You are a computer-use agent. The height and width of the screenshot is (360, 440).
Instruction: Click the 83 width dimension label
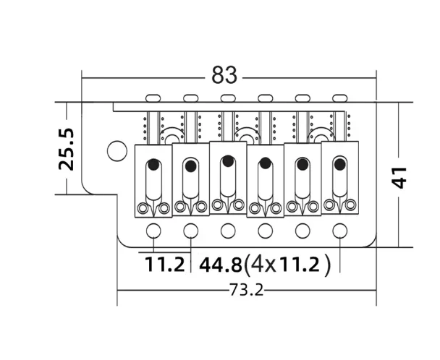[x=225, y=75]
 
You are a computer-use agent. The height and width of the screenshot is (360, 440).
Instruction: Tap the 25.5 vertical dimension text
[x=66, y=149]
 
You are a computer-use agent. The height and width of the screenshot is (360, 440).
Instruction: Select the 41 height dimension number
[x=399, y=176]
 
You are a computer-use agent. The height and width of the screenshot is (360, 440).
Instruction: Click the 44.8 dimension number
[x=220, y=265]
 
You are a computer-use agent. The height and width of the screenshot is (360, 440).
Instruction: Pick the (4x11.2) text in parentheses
[x=287, y=265]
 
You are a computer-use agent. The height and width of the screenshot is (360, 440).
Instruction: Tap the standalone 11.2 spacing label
[x=164, y=265]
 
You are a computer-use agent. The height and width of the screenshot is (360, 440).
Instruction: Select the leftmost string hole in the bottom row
[x=153, y=231]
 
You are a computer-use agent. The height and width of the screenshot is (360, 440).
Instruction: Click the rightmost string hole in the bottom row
[x=339, y=231]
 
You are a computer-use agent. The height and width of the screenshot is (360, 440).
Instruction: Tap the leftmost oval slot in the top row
[x=153, y=97]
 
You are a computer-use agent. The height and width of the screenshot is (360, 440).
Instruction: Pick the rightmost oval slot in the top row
[x=339, y=97]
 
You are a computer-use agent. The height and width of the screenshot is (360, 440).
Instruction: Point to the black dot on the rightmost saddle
[x=339, y=163]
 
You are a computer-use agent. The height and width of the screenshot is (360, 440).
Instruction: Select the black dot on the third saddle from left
[x=228, y=160]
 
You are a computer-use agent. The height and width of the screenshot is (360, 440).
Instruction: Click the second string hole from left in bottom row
[x=190, y=231]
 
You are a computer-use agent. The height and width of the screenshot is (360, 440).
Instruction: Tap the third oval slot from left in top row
[x=228, y=97]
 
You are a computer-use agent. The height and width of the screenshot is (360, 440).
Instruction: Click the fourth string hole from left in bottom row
[x=265, y=231]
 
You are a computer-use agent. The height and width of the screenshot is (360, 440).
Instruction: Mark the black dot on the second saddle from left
[x=190, y=166]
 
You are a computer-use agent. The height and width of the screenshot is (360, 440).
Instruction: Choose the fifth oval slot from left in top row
[x=302, y=97]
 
